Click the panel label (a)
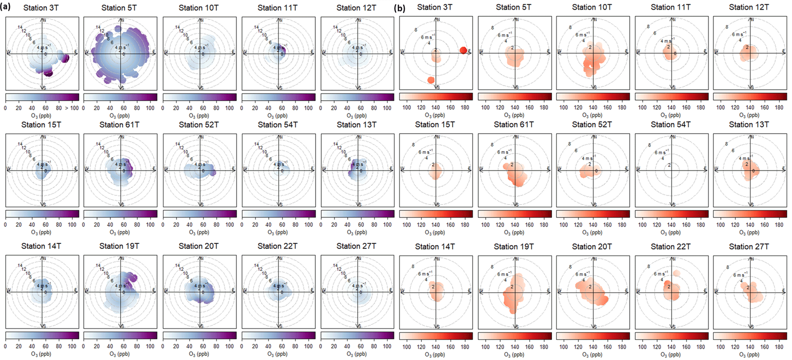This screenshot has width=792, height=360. tap(5, 7)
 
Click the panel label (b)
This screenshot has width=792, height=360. tap(400, 8)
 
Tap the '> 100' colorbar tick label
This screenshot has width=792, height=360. tap(72, 108)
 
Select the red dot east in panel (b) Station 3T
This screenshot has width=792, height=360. tap(463, 50)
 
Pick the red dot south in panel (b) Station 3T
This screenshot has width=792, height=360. tap(431, 80)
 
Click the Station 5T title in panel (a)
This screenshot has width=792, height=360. tap(119, 8)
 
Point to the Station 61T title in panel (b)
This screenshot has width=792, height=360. tap(513, 124)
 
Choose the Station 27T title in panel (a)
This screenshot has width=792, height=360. tap(356, 246)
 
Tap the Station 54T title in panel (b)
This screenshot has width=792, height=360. tap(671, 124)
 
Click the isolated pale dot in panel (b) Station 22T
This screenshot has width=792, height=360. tap(676, 273)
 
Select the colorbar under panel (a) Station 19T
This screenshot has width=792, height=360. tap(120, 335)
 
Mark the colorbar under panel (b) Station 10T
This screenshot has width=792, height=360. tap(593, 97)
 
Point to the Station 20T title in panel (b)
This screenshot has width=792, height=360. tap(592, 247)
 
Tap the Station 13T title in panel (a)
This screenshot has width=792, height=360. tap(356, 124)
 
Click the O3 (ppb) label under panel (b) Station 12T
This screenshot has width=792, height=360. tap(749, 115)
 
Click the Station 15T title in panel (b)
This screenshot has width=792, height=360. tap(435, 124)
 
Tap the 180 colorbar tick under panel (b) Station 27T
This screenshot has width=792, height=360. tap(779, 347)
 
